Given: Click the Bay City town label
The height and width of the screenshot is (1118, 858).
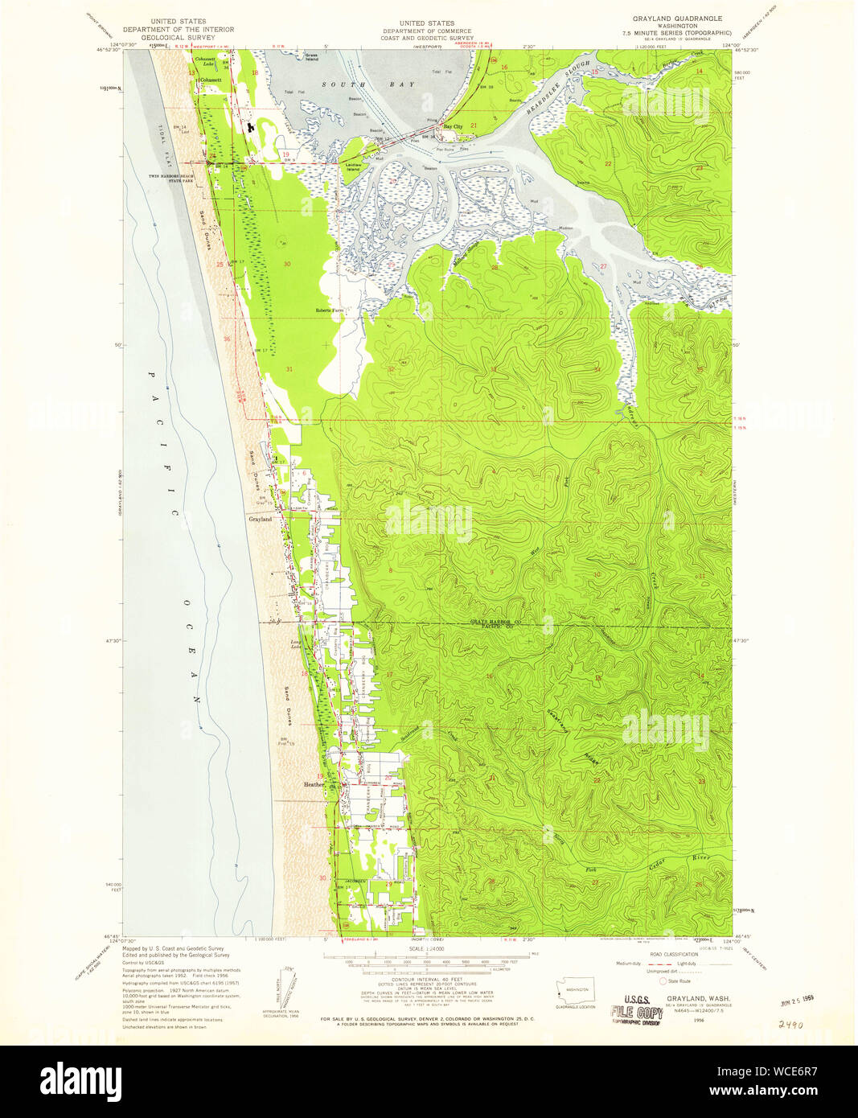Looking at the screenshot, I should (453, 127).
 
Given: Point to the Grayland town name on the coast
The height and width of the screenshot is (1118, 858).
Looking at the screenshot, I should (260, 520).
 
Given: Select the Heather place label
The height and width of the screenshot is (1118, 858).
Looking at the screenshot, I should (313, 784).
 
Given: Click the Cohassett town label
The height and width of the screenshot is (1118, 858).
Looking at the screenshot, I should (211, 80).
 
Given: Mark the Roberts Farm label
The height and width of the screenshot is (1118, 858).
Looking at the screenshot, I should (329, 310).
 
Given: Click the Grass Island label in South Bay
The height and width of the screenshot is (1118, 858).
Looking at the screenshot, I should (311, 57).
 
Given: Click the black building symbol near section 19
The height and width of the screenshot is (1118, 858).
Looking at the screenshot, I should (250, 126).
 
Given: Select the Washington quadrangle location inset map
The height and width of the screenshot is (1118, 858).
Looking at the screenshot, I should (575, 991).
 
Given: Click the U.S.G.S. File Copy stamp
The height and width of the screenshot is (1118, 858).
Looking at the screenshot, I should (637, 1012).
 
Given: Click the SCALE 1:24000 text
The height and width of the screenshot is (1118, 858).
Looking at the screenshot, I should (426, 950).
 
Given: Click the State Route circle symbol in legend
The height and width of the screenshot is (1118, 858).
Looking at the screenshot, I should (663, 980).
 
